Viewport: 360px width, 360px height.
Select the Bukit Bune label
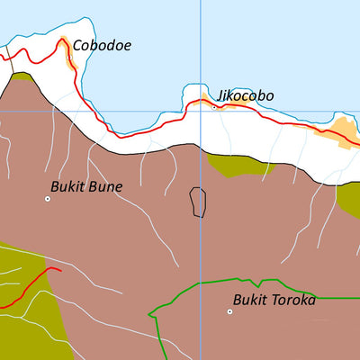[86, 187]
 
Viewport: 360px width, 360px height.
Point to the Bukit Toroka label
[274, 300]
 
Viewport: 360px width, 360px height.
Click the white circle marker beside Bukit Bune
[48, 198]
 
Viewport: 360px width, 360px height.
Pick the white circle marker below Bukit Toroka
[229, 311]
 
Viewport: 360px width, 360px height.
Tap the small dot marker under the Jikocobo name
[213, 105]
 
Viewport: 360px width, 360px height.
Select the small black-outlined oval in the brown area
[197, 202]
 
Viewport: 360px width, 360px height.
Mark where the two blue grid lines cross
[200, 112]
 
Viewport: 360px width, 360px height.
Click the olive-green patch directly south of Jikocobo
[238, 164]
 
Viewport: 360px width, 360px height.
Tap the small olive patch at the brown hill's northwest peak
[22, 78]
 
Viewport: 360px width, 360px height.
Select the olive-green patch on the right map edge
[349, 198]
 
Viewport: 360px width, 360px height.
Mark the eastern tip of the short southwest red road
[60, 268]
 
